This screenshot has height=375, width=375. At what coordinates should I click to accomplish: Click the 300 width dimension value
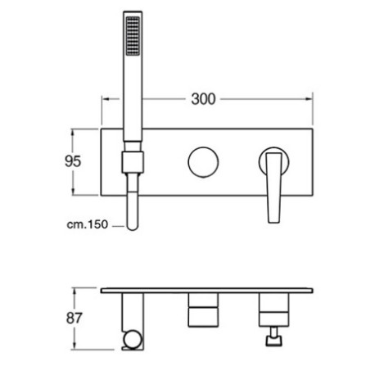pos(203,99)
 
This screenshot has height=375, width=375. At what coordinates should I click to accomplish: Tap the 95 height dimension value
pos(73,161)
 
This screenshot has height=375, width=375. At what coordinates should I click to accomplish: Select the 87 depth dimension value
pos(74,318)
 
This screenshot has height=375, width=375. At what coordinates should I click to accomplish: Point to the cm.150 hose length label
pos(88,224)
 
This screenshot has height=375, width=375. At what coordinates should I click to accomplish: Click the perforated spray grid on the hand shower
pos(133,36)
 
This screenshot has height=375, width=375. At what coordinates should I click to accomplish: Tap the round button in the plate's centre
pos(203,162)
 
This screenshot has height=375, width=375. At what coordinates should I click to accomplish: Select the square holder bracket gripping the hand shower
pos(133,163)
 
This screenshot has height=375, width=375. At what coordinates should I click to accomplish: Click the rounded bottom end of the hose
pos(133,225)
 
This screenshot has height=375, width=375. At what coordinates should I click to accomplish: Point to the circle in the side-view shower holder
pos(133,340)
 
